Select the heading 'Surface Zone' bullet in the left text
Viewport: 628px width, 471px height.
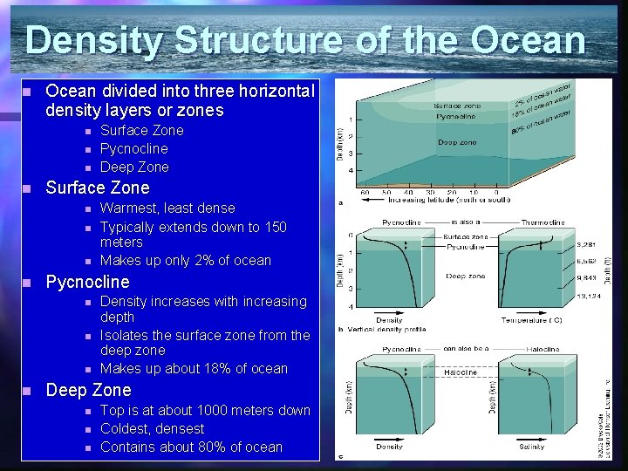[97, 188]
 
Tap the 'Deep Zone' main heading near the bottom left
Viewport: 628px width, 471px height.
[88, 390]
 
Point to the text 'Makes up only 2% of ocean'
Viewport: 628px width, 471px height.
[186, 260]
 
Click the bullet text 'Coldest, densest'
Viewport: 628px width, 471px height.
[152, 428]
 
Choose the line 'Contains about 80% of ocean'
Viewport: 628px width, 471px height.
[191, 447]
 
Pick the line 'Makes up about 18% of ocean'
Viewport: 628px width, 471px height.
[194, 368]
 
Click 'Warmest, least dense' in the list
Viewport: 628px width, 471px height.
[167, 208]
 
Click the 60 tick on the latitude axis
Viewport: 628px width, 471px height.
[362, 192]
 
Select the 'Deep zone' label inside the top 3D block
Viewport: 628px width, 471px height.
[457, 142]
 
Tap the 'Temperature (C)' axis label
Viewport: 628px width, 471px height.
[530, 320]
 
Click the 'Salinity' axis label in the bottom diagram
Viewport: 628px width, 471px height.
[531, 447]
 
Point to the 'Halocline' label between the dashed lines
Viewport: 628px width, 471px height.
[461, 372]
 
